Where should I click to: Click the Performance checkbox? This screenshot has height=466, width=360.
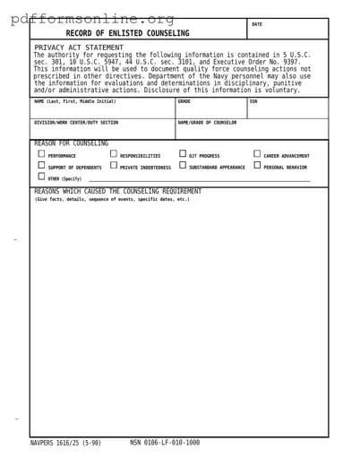(x=41, y=154)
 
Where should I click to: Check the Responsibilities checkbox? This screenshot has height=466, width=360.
(x=114, y=154)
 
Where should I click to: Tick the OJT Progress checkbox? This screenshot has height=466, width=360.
(x=183, y=154)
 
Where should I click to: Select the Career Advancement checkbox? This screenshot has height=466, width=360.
(x=258, y=154)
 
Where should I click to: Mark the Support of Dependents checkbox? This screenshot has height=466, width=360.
(x=41, y=166)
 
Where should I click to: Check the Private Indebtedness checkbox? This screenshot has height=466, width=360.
(x=114, y=166)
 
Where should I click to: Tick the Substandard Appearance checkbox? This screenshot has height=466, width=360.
(x=183, y=166)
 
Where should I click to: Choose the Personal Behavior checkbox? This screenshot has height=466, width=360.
(x=258, y=166)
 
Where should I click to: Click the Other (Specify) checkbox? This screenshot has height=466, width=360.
(x=41, y=177)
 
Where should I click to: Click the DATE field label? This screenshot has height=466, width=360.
(x=257, y=24)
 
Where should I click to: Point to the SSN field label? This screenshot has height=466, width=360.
(x=253, y=101)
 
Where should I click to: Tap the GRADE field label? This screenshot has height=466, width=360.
(x=184, y=101)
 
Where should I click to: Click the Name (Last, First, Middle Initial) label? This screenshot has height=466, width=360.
(x=74, y=101)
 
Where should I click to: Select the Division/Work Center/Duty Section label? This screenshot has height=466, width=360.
(x=75, y=123)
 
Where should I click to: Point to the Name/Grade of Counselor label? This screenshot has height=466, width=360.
(x=207, y=123)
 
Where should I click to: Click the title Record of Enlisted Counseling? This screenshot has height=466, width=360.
(x=127, y=33)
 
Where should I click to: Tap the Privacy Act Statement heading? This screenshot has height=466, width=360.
(x=79, y=47)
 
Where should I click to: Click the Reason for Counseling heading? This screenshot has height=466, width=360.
(x=71, y=143)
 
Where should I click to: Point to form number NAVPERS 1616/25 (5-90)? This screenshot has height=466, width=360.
(x=65, y=443)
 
